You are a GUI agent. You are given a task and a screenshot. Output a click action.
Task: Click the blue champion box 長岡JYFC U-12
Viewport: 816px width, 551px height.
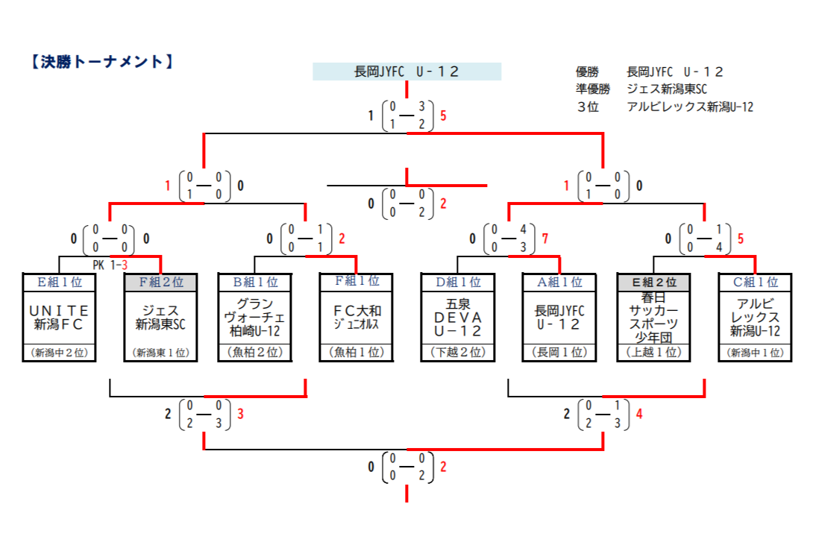pyautogui.click(x=407, y=72)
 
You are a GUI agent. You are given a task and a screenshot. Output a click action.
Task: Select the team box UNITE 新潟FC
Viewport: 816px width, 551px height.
pyautogui.click(x=60, y=317)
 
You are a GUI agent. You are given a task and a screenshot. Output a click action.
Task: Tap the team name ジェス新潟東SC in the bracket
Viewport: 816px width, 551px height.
pyautogui.click(x=160, y=317)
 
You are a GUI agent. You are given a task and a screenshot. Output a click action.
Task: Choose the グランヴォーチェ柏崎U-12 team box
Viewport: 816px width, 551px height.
pyautogui.click(x=254, y=317)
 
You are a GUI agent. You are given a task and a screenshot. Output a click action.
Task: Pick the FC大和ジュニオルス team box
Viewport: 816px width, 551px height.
pyautogui.click(x=356, y=317)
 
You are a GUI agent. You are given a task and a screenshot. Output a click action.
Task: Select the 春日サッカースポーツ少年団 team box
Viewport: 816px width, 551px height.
pyautogui.click(x=653, y=317)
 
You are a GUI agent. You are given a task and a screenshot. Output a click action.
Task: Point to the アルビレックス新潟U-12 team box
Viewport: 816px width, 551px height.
pyautogui.click(x=755, y=317)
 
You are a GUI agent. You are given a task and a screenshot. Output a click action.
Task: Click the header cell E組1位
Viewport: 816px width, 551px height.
pyautogui.click(x=60, y=282)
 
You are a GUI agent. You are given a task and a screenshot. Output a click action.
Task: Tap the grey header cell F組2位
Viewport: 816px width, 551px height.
pyautogui.click(x=160, y=282)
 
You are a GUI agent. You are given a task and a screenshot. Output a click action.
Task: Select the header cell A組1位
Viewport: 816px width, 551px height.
pyautogui.click(x=559, y=282)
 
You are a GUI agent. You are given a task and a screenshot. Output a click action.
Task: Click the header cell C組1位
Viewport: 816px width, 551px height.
pyautogui.click(x=755, y=282)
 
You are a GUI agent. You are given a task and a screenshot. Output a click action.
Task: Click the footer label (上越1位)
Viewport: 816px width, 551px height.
pyautogui.click(x=653, y=353)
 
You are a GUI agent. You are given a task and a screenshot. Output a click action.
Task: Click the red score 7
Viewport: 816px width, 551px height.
pyautogui.click(x=545, y=239)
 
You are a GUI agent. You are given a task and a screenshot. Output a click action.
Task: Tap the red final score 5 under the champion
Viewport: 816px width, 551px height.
pyautogui.click(x=444, y=116)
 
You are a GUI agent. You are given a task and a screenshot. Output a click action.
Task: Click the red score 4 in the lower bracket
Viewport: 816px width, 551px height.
pyautogui.click(x=638, y=414)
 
